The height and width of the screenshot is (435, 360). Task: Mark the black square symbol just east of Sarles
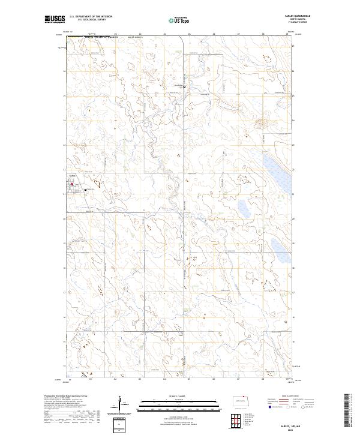point(86,190)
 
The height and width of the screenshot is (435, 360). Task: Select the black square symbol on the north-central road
point(184,86)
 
